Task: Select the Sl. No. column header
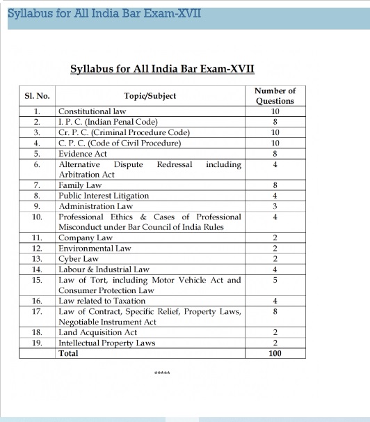click(38, 96)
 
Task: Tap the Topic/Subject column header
click(150, 96)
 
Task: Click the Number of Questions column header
click(275, 95)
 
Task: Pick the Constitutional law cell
click(92, 111)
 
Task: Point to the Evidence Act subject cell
click(83, 153)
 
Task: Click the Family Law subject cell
click(80, 185)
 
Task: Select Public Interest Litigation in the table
click(99, 196)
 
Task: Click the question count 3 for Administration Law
click(275, 206)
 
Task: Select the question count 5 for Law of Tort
click(275, 280)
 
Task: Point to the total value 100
click(275, 353)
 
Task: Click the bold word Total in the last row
click(69, 353)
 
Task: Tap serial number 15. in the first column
click(38, 280)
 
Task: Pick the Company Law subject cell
click(86, 238)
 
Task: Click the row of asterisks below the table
click(161, 373)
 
